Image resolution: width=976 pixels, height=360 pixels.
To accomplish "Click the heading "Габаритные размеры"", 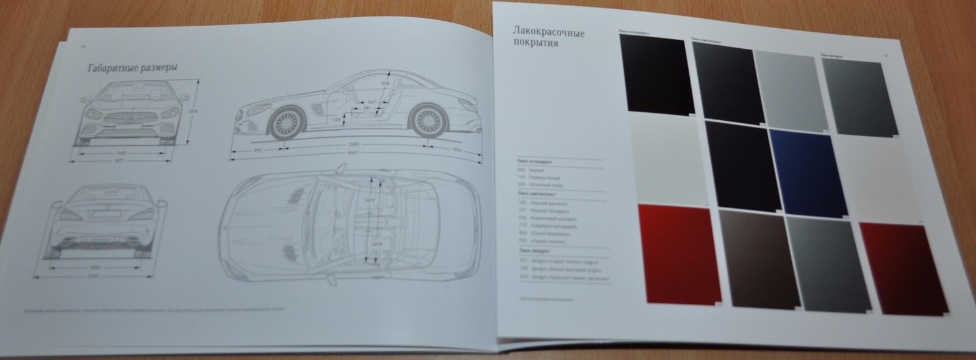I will tap(132, 69).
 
